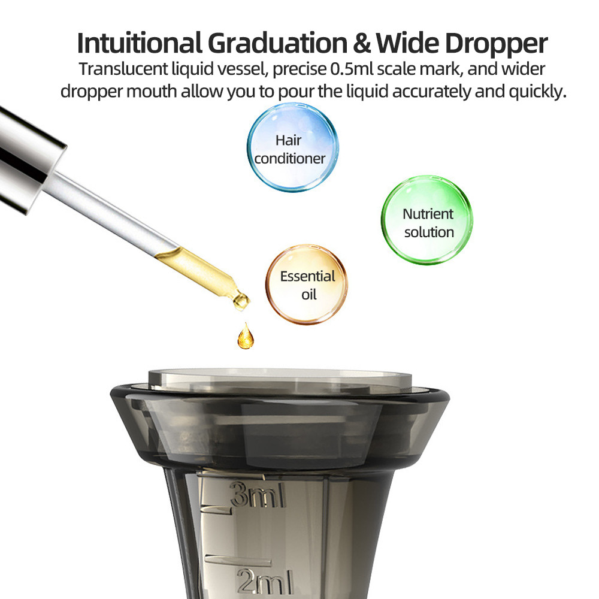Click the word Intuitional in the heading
[140, 43]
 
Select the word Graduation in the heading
[278, 43]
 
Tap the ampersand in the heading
[362, 43]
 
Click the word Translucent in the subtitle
[123, 69]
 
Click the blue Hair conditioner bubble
[293, 147]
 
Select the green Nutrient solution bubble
[427, 220]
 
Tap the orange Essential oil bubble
[306, 285]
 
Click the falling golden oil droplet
[245, 337]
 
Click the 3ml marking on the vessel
[258, 495]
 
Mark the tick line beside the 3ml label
[216, 509]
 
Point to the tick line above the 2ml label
[238, 559]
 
